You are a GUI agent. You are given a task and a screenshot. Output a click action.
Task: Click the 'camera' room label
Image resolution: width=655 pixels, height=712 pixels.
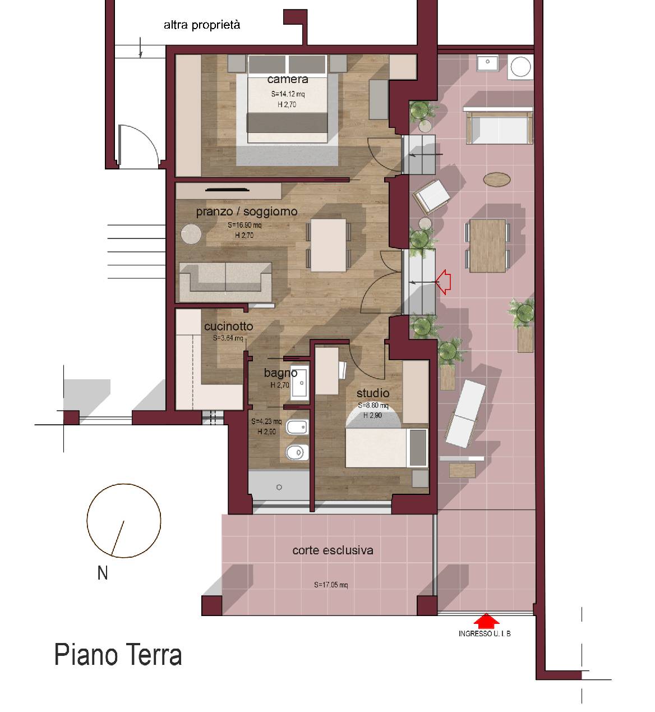[287, 79]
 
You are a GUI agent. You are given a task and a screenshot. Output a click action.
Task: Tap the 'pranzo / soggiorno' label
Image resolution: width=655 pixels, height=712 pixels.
[246, 212]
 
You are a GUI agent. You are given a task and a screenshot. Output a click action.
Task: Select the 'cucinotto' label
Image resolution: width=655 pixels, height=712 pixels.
[228, 326]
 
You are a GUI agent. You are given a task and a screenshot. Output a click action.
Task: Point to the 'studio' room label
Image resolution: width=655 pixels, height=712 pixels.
[372, 393]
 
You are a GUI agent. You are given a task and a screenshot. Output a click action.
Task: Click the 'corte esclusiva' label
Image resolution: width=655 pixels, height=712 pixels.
[333, 550]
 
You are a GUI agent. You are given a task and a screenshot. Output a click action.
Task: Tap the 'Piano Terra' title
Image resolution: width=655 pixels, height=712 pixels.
[118, 655]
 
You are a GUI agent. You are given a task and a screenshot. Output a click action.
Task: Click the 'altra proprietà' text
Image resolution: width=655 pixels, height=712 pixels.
[202, 25]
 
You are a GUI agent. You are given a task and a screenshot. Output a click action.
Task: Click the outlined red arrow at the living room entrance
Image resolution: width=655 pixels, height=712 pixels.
[443, 282]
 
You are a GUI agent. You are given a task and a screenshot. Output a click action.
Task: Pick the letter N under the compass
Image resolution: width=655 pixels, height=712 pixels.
[103, 573]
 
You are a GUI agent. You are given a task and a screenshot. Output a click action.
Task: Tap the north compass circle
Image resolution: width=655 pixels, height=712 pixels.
[124, 521]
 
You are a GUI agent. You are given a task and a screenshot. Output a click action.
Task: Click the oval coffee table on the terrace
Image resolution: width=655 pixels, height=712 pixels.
[497, 180]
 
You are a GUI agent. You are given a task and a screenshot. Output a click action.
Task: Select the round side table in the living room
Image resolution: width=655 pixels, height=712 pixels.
[191, 234]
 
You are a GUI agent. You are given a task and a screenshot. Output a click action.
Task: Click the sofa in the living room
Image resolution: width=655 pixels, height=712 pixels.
[225, 281]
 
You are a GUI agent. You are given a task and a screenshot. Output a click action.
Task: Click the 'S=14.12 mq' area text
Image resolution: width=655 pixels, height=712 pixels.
[288, 94]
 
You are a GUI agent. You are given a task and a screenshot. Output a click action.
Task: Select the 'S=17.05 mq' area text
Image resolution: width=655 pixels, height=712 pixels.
[331, 585]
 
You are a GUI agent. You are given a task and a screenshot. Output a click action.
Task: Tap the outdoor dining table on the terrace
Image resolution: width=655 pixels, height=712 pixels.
[487, 245]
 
